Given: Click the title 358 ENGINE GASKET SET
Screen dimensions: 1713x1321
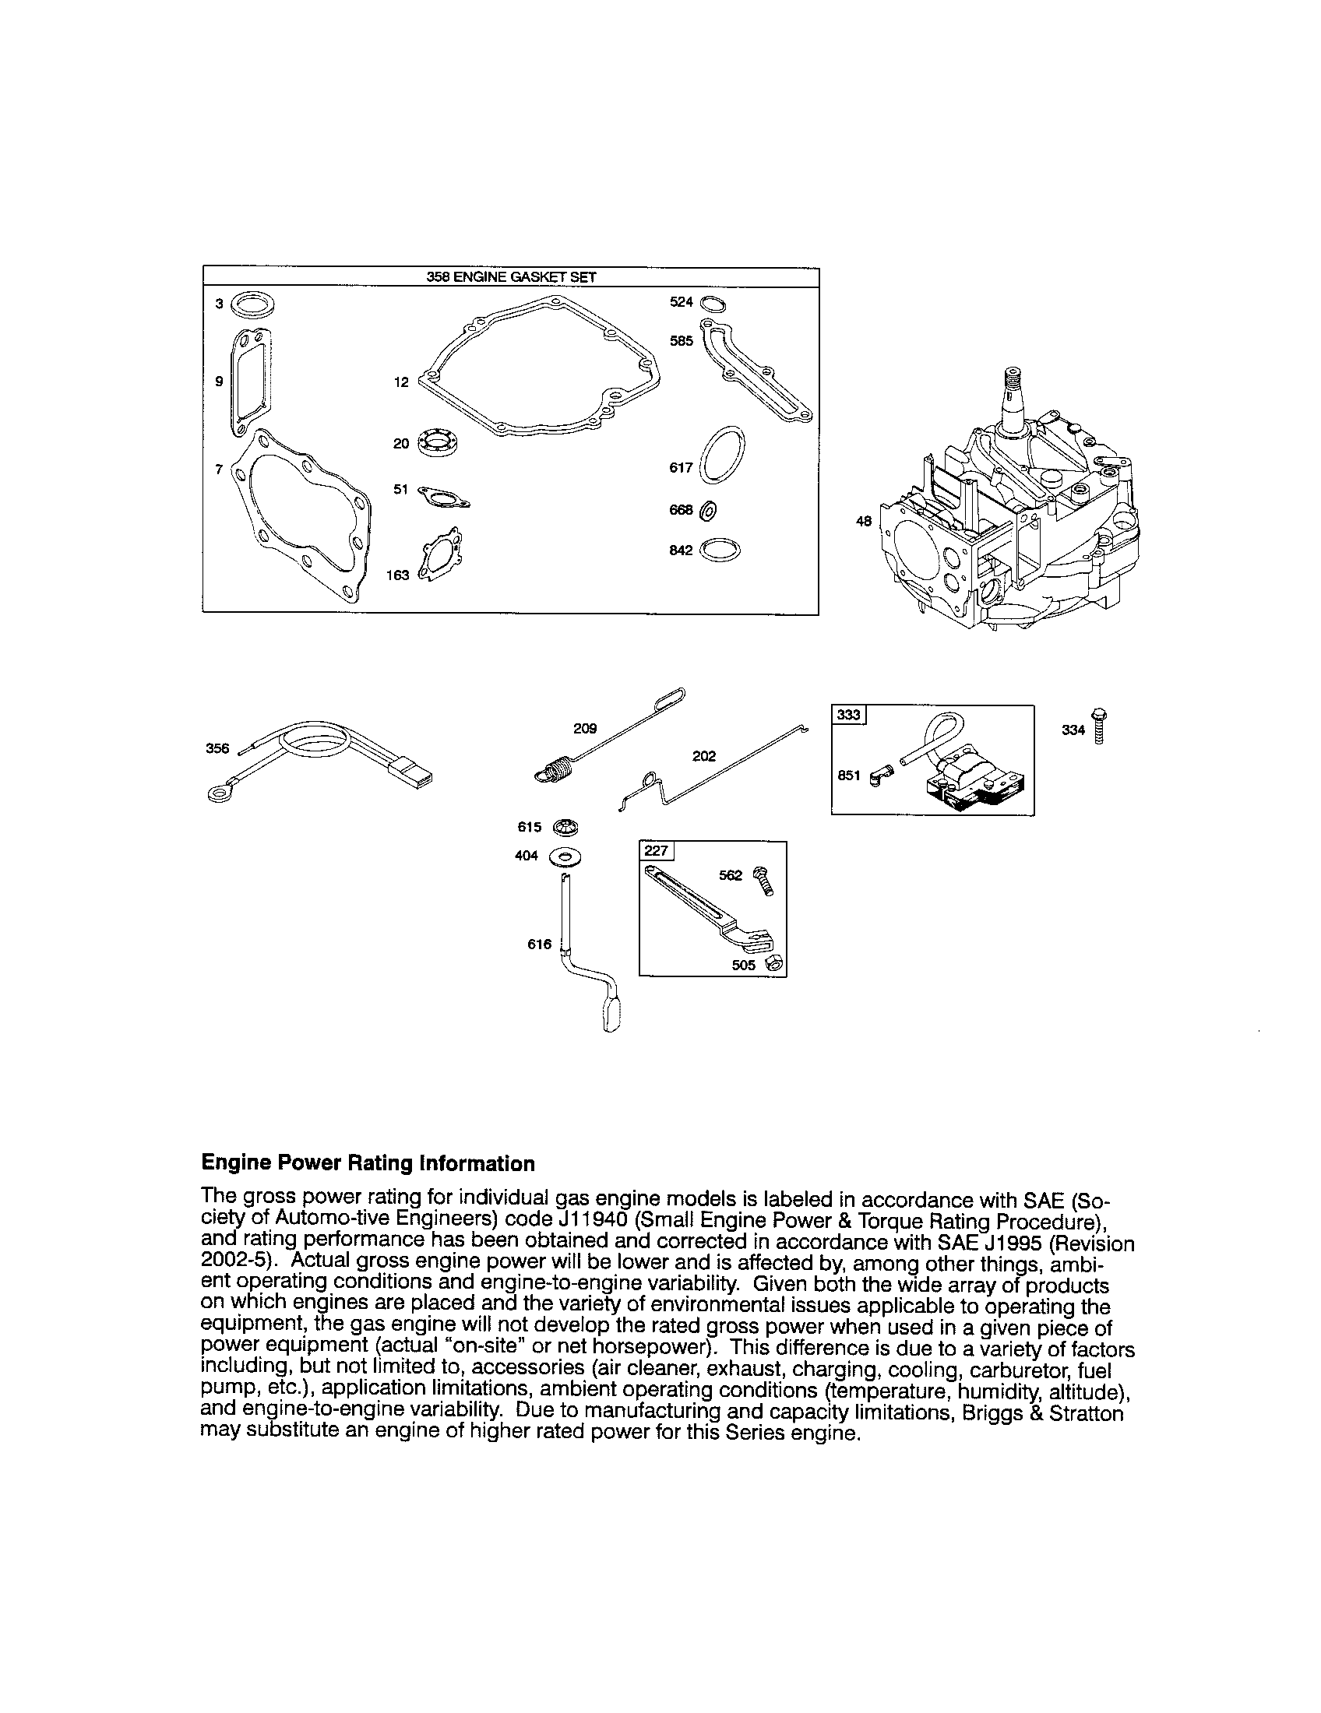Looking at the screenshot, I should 511,276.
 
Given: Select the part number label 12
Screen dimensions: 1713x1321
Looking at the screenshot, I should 401,382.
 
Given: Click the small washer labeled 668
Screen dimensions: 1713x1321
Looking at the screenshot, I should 706,510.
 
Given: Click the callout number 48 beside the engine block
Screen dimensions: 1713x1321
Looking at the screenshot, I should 863,520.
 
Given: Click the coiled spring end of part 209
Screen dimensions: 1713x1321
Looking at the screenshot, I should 555,767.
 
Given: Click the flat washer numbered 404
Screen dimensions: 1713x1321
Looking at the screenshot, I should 565,856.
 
